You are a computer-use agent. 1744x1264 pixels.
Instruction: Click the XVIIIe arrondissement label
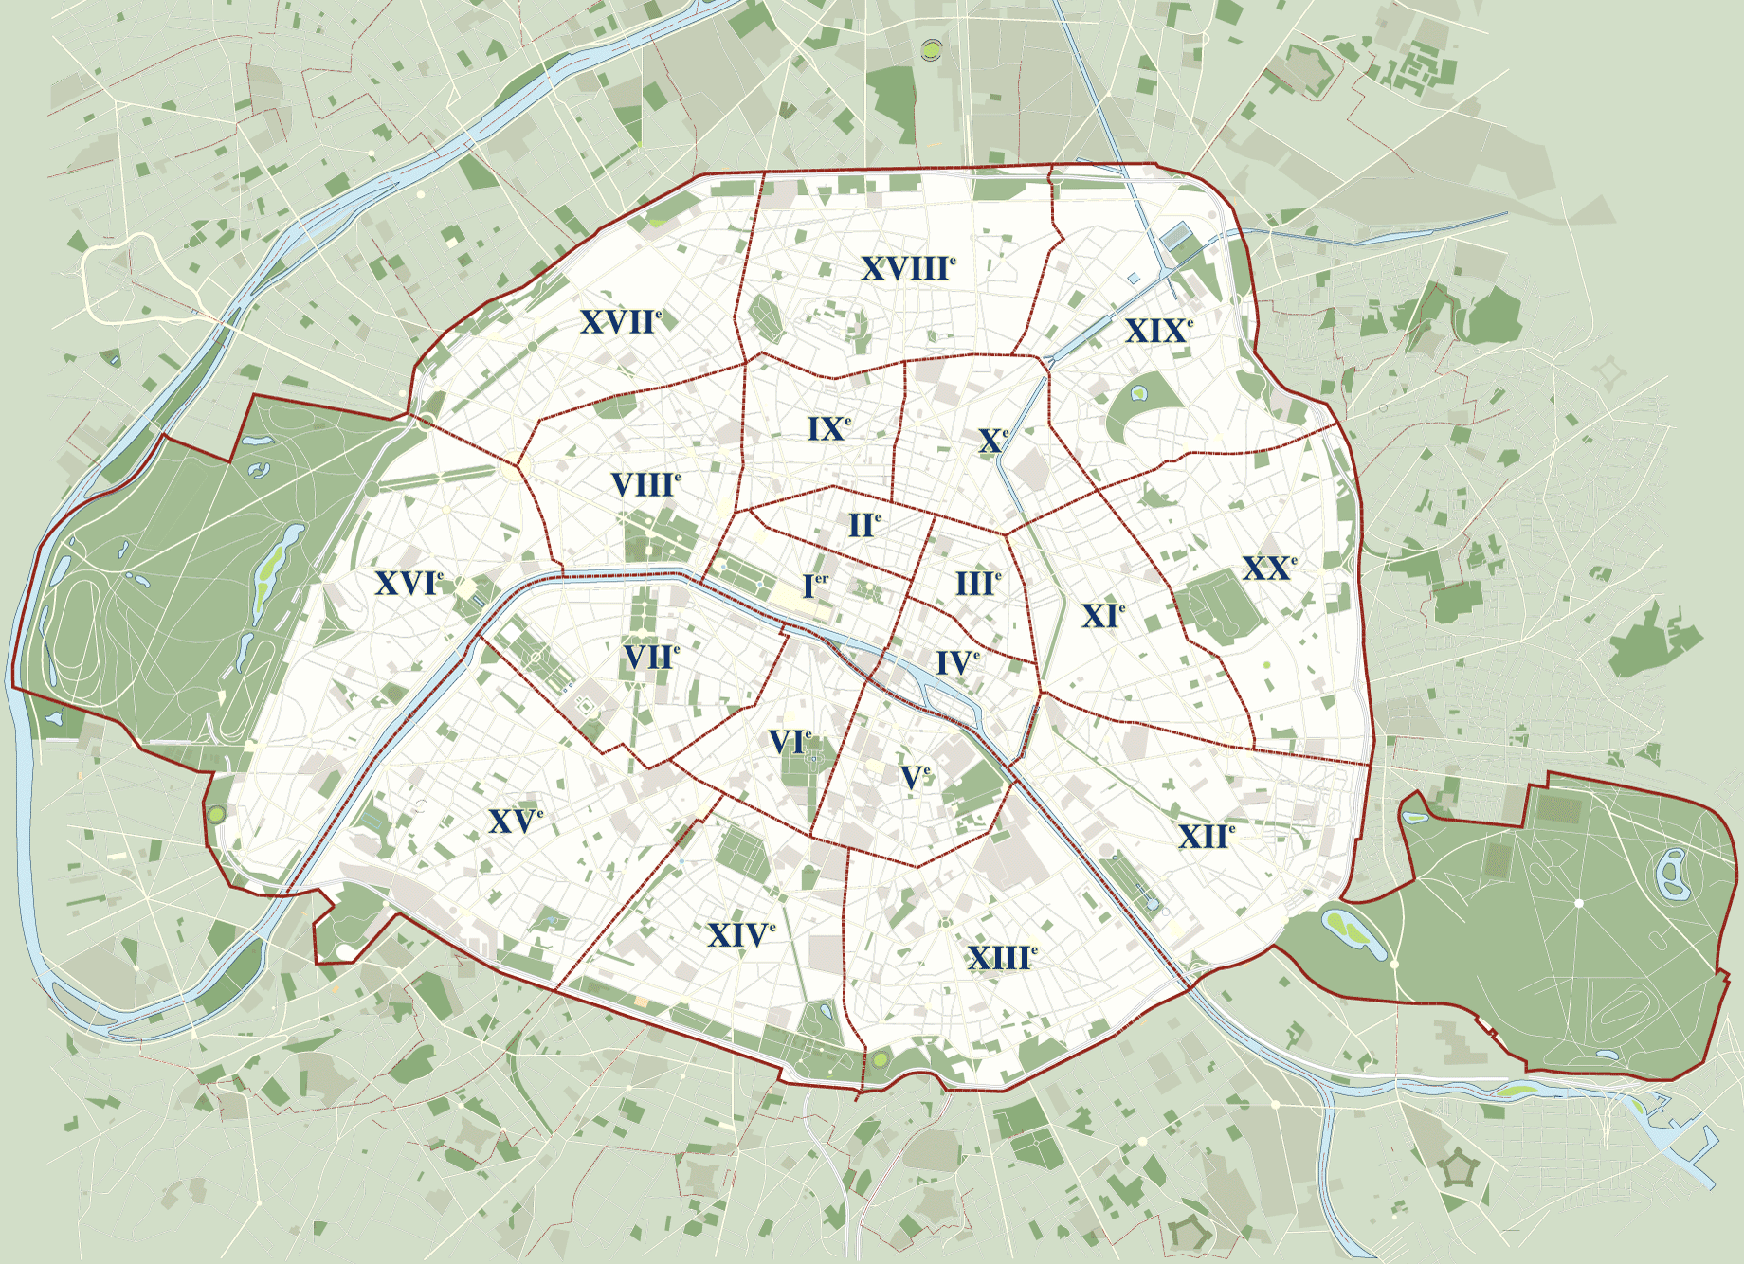(x=907, y=269)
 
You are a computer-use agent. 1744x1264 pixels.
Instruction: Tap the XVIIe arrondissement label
(x=620, y=322)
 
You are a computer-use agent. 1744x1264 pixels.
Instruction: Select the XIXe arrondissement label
(x=1157, y=332)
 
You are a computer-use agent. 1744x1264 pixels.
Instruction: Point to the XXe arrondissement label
(x=1268, y=569)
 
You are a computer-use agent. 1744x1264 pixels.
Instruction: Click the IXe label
(x=828, y=429)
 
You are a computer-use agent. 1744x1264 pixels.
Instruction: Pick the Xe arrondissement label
(x=992, y=441)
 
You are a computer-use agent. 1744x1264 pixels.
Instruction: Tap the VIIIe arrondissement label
(x=645, y=485)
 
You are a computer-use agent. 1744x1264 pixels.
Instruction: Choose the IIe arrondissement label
(x=863, y=525)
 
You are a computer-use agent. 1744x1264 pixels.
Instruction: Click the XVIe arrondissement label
(x=408, y=584)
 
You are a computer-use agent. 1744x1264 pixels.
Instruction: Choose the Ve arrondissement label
(x=915, y=778)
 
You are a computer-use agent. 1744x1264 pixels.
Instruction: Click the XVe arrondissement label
(x=515, y=822)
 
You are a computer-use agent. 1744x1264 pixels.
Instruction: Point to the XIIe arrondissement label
(x=1206, y=837)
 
